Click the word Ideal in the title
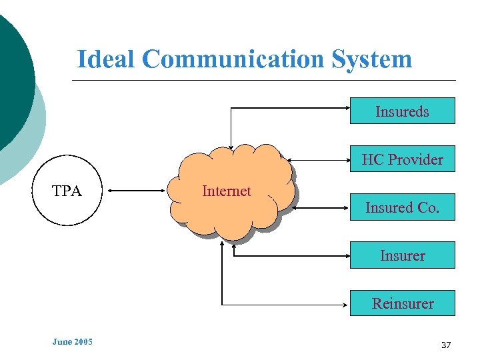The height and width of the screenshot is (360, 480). (106, 59)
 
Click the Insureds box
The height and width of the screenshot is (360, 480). (402, 111)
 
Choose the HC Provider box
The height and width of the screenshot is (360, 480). (402, 159)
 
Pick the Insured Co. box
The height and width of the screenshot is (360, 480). (402, 207)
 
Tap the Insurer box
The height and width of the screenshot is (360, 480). (402, 255)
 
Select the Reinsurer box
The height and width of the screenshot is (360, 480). (402, 303)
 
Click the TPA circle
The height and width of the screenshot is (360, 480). (67, 191)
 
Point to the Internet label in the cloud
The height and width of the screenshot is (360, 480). (226, 191)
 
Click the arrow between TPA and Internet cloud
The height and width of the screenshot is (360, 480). (137, 191)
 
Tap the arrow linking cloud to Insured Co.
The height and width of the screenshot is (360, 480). (323, 207)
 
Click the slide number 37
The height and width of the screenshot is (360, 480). (446, 345)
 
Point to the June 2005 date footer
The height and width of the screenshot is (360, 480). (72, 342)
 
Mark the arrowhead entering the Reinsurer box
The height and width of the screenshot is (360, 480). (346, 303)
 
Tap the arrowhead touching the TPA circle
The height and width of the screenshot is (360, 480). (111, 191)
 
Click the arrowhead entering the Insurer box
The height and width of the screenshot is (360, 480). (346, 255)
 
